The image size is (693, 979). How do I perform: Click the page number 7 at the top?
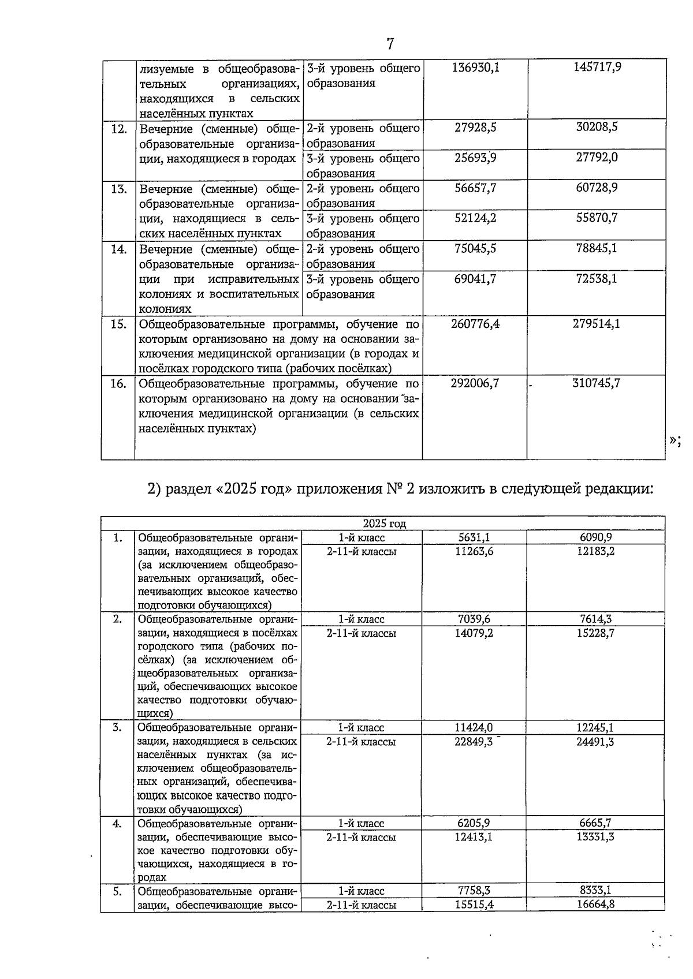(390, 43)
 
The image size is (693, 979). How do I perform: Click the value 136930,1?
(475, 68)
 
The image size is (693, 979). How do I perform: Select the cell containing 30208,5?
(597, 128)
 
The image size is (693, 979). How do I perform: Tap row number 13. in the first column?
(118, 189)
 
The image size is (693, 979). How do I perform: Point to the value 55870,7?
(597, 218)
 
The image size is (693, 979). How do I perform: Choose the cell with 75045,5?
(475, 249)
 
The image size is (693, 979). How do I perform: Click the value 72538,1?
(597, 279)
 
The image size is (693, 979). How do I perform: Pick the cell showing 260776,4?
(475, 324)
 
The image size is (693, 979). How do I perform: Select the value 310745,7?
(597, 383)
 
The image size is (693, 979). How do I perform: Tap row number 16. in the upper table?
(118, 383)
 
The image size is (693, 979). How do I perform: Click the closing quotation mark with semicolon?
(675, 440)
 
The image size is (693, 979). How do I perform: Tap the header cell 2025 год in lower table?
(384, 524)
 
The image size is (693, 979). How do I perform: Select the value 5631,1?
(474, 537)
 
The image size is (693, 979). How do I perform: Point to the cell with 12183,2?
(595, 551)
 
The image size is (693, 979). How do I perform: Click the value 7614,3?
(595, 619)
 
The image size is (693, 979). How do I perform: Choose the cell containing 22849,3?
(474, 742)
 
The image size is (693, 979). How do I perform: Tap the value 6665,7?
(595, 823)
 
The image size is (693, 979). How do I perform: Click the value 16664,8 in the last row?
(595, 904)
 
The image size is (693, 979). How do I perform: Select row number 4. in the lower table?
(117, 824)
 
